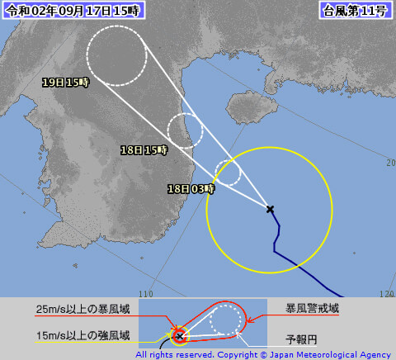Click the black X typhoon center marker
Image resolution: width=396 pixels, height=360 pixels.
(x=270, y=209)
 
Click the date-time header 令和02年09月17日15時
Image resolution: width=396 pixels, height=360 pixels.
(x=60, y=11)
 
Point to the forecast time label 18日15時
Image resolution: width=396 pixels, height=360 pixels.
(x=144, y=150)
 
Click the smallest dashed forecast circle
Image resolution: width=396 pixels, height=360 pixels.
(x=228, y=173)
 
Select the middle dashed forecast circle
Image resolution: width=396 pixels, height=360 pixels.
(x=184, y=130)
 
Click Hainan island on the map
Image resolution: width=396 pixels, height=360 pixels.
(x=256, y=110)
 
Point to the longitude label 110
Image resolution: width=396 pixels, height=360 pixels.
(x=146, y=294)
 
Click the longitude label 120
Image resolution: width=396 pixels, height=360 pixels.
(x=385, y=294)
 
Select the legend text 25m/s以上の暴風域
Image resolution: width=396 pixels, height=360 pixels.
(x=82, y=310)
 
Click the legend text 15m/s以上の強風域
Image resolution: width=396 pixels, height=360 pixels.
(x=82, y=335)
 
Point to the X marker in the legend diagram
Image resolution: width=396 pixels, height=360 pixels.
(x=179, y=336)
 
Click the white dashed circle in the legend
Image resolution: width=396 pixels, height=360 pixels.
(x=226, y=320)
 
